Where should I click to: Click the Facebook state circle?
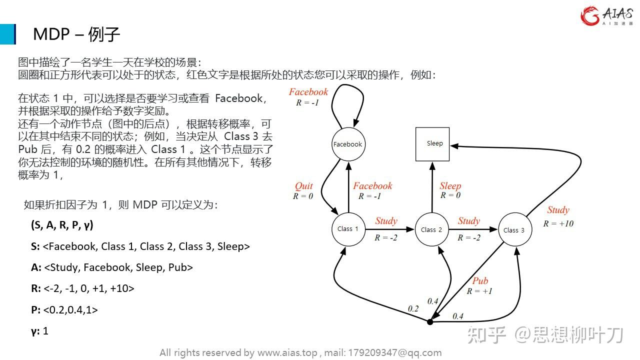tap(348, 144)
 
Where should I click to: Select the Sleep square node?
tap(433, 144)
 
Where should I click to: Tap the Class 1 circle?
tap(348, 229)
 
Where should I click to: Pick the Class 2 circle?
tap(431, 229)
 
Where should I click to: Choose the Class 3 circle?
tap(514, 230)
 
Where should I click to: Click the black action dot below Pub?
tap(430, 322)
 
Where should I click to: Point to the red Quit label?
tap(303, 186)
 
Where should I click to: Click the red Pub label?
tap(480, 281)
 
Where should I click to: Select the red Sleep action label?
tap(450, 186)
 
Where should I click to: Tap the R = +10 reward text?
tap(558, 223)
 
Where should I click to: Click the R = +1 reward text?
tap(479, 291)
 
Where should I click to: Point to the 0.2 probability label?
tap(413, 308)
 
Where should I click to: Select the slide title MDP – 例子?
tap(76, 34)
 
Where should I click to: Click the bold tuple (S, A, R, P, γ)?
tap(62, 225)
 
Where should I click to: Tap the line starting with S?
tap(140, 246)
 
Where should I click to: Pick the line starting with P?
tap(64, 310)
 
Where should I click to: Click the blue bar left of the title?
tap(7, 34)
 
